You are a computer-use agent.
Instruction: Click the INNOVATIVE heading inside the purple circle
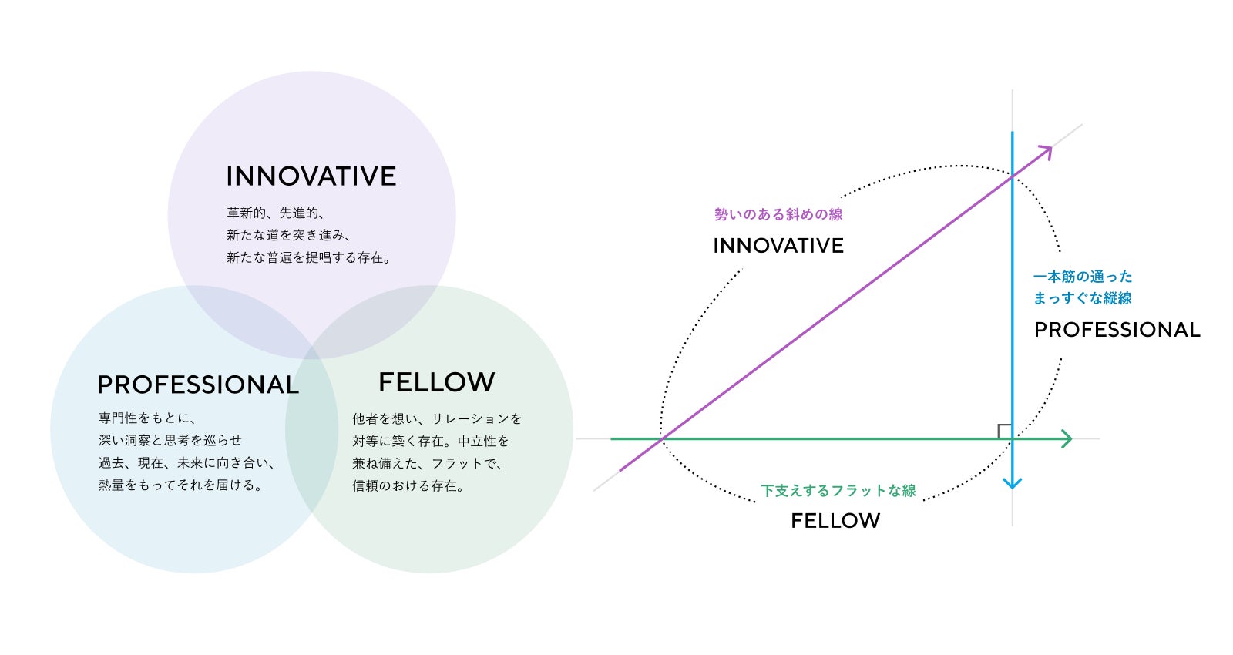[311, 176]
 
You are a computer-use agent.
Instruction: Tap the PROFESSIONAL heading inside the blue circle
[197, 385]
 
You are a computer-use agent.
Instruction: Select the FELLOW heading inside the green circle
[436, 382]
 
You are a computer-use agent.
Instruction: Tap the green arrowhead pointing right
[1067, 438]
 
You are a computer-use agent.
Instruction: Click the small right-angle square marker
[1004, 431]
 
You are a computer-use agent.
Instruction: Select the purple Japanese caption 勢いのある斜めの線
[778, 214]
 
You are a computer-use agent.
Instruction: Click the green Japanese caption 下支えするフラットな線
[838, 491]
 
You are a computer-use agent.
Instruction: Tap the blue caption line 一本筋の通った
[1083, 276]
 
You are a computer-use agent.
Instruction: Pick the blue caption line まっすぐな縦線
[1083, 298]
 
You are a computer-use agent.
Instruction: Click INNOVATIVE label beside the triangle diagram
[778, 246]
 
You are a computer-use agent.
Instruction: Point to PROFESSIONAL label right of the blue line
[1117, 330]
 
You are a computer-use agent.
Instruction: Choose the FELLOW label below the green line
[835, 521]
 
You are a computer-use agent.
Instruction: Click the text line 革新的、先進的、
[275, 213]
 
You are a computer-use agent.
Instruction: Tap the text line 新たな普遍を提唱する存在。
[308, 257]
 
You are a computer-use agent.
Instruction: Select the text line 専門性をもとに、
[147, 418]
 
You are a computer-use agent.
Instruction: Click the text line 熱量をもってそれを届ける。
[180, 485]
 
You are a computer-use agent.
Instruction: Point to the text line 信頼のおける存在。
[408, 485]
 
